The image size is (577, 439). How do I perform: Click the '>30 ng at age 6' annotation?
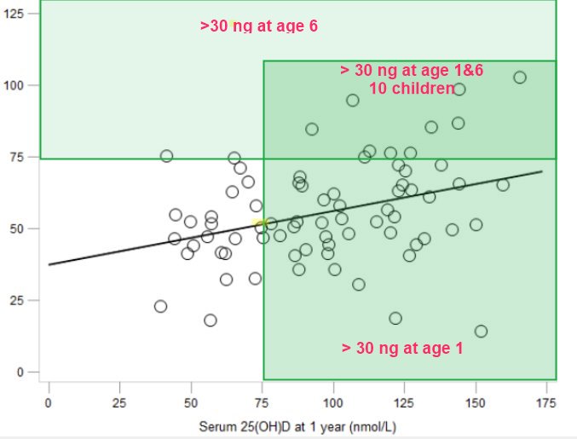(259, 26)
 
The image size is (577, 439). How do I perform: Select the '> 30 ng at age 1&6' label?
(412, 71)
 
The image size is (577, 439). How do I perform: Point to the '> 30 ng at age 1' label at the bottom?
(402, 348)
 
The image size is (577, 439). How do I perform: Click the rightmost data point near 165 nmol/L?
(520, 78)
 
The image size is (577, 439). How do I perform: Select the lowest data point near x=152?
(481, 331)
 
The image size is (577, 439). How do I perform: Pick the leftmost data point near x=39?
(160, 306)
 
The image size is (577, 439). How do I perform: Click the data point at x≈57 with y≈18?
(211, 321)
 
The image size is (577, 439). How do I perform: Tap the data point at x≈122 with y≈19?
(395, 318)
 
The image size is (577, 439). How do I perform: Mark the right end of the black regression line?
(543, 171)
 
